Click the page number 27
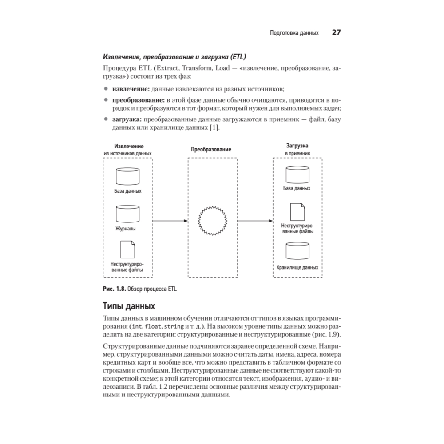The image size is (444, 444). point(336,33)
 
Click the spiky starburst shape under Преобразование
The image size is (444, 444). point(211,220)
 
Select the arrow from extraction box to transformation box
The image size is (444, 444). point(170,220)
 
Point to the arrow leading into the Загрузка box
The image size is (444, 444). point(254,220)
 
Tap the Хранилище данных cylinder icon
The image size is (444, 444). point(297,251)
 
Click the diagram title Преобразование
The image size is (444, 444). point(211,150)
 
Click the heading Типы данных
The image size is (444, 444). point(129,306)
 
